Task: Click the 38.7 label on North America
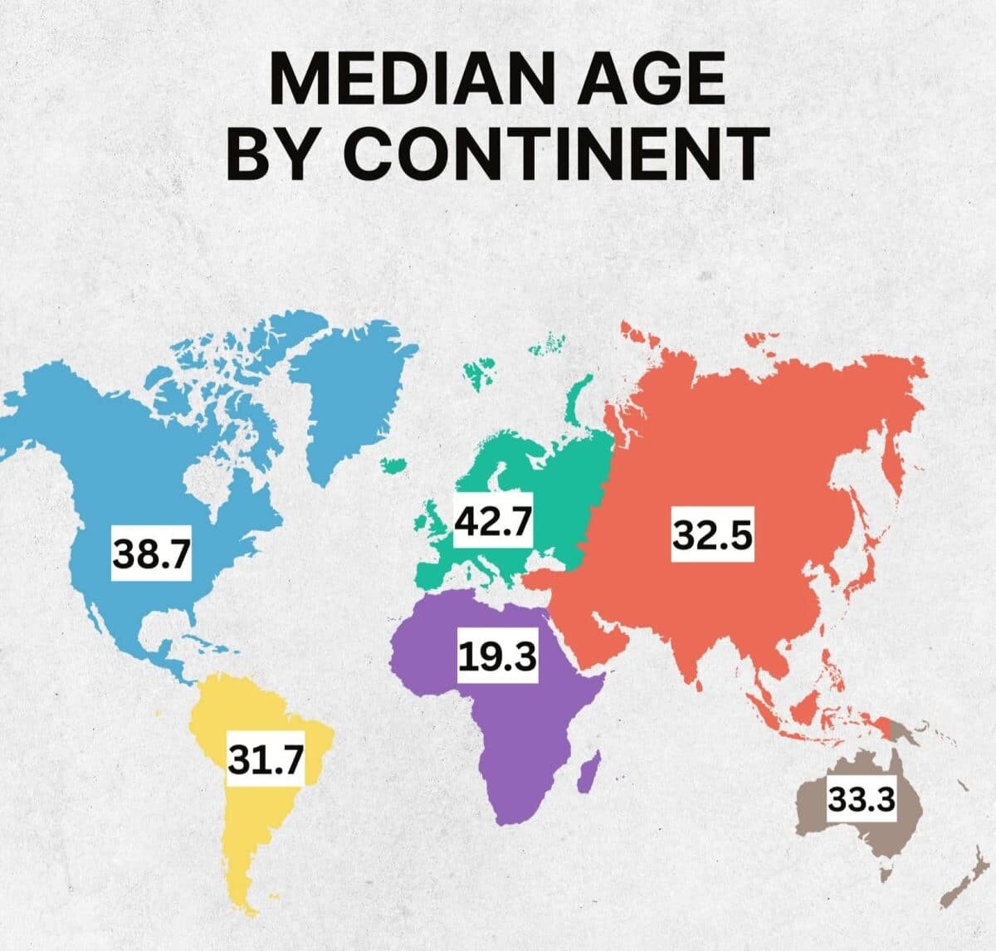152,554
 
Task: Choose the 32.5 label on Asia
712,535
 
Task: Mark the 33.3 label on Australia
862,799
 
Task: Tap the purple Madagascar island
588,771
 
